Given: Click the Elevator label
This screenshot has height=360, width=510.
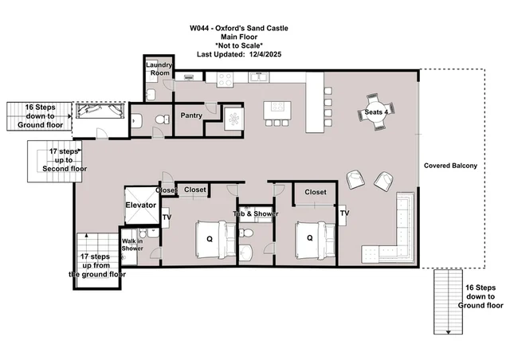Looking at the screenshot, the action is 140,205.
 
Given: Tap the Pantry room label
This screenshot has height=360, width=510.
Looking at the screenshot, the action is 191,115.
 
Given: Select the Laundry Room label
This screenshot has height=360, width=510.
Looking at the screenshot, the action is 159,68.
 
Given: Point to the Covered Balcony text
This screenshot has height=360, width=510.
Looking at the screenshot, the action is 450,166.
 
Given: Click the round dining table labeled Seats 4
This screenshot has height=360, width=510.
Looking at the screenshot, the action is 376,112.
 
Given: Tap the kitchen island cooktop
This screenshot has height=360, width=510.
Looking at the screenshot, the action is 278,107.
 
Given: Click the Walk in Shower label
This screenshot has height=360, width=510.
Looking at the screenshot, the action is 132,245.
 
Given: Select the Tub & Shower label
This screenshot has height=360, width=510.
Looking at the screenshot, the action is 256,213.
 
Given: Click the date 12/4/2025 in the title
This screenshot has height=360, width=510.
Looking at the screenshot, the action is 265,54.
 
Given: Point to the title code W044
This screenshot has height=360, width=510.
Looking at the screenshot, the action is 199,29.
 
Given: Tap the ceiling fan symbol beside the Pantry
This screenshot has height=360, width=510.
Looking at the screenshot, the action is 233,119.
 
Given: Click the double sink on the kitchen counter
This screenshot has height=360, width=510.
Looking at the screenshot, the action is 259,77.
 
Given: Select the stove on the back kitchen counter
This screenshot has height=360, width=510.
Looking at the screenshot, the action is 225,80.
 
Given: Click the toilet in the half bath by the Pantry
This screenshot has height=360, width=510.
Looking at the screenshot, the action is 163,119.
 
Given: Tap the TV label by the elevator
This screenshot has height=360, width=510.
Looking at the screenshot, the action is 167,217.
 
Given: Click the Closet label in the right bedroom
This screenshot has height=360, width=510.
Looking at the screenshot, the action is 316,192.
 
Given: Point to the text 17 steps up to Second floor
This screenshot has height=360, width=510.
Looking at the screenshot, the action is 65,160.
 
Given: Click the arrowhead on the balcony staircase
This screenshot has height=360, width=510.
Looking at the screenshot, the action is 448,332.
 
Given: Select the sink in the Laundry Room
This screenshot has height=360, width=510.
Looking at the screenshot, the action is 151,95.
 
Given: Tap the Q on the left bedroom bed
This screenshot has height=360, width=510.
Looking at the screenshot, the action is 210,240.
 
